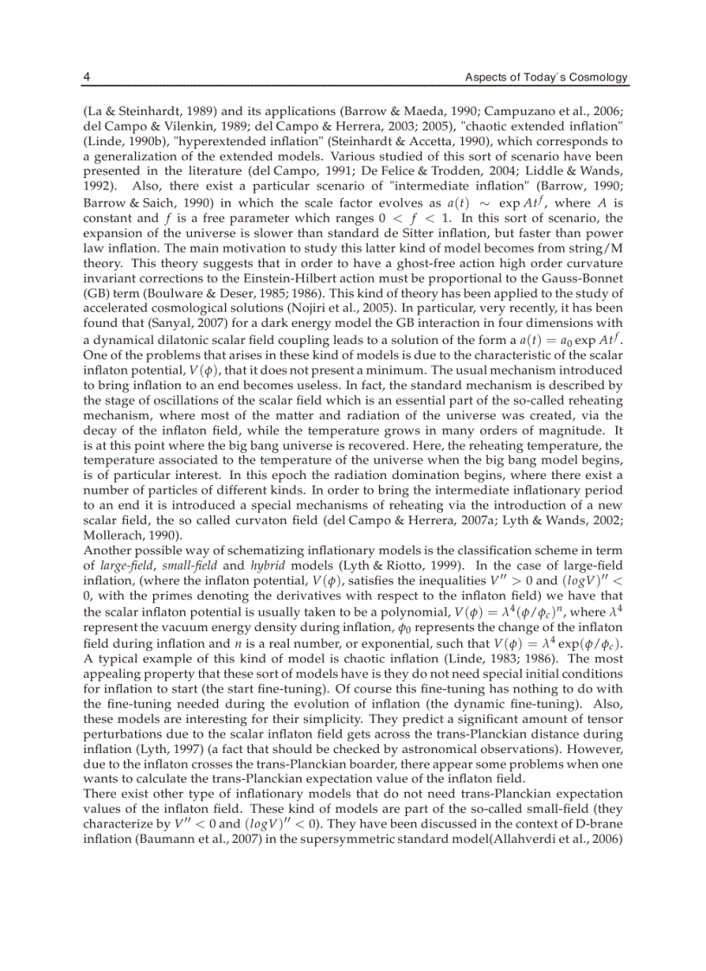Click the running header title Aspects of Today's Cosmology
(x=546, y=77)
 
